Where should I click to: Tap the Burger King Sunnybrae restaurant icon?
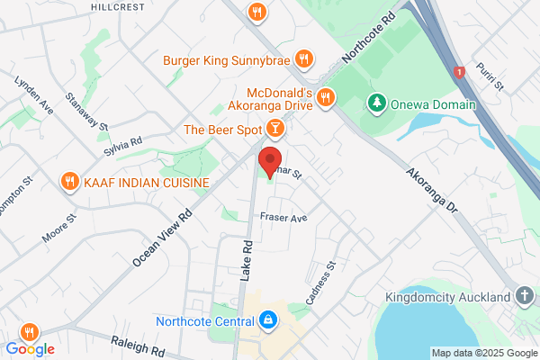(304, 60)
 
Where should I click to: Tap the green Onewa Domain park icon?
(376, 104)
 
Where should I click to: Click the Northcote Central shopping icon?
(267, 320)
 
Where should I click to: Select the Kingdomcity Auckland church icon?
(525, 296)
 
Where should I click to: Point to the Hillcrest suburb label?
(117, 5)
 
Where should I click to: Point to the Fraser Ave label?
(283, 218)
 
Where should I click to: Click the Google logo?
(30, 349)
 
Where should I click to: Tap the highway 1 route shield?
(459, 71)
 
